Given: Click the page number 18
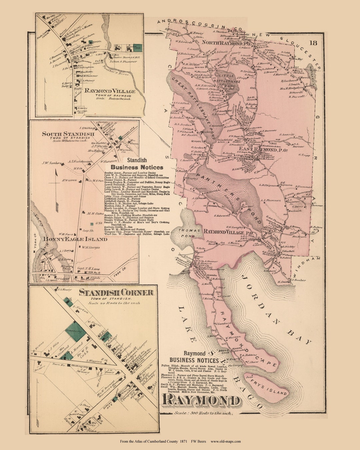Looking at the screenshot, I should (x=313, y=43).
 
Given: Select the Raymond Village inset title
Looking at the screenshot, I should (x=110, y=91).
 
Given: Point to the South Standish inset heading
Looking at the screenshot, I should (x=68, y=134).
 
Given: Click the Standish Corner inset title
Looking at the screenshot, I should (x=116, y=293).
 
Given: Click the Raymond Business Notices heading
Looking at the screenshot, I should (x=194, y=357).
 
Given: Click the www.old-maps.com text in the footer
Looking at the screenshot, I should (x=225, y=441).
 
